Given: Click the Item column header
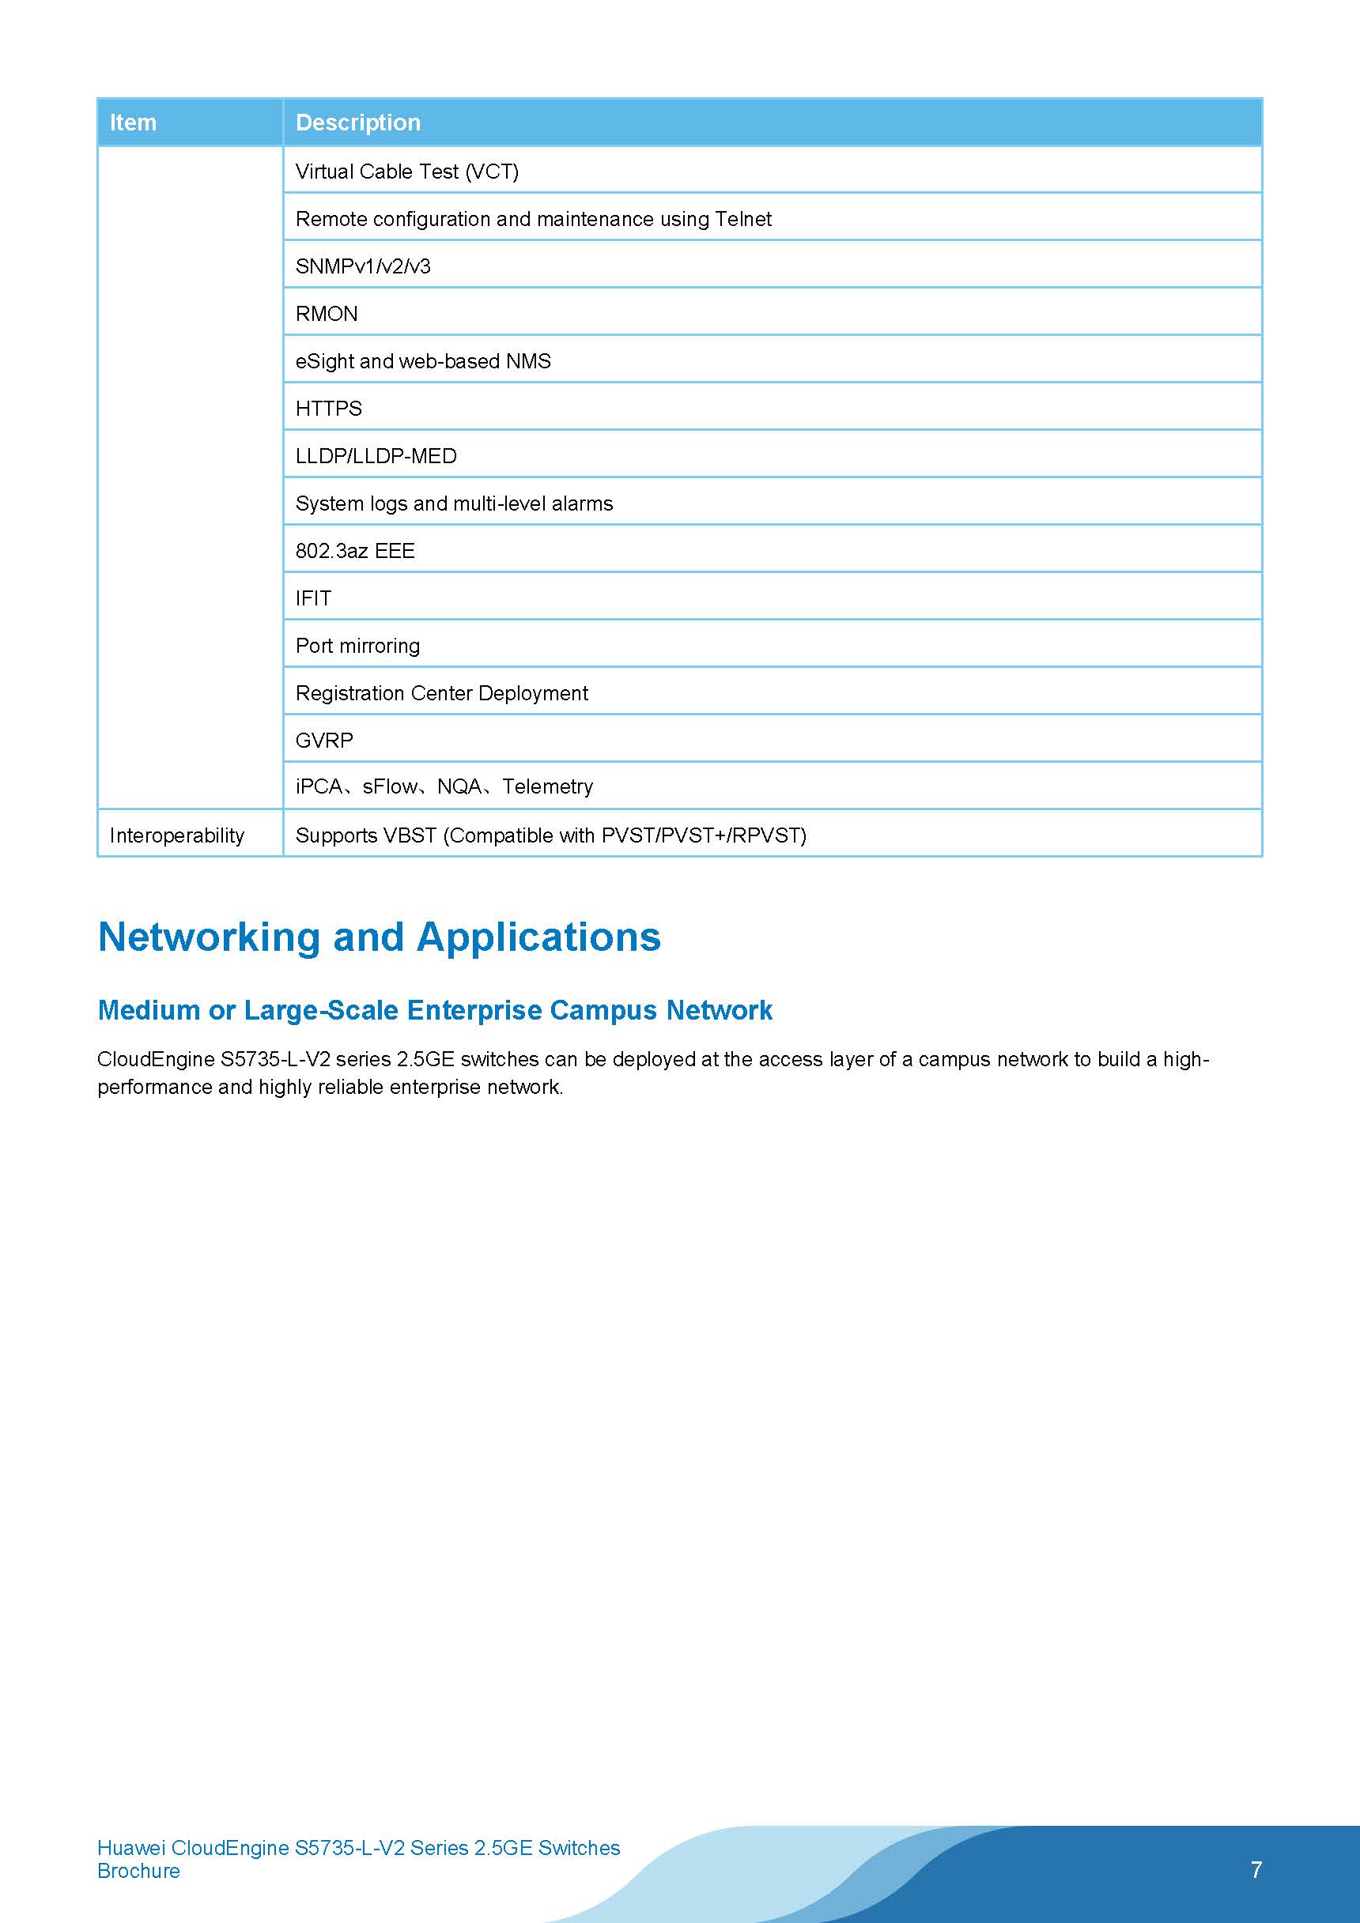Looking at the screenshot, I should pos(134,123).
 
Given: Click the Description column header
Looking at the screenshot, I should pos(358,123).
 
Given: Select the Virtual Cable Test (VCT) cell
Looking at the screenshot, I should pos(407,172).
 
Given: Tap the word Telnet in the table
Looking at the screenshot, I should pos(743,219).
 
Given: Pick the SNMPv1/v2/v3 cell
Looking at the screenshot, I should pos(363,266).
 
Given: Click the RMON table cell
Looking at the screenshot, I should pos(327,314).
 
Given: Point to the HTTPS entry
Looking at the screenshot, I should pos(328,409).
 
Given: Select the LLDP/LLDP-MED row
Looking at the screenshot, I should pos(376,457).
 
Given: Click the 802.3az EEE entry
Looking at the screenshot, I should pos(355,551).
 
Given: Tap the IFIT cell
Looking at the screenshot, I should pos(313,599).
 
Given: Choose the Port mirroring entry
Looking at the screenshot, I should pos(358,646).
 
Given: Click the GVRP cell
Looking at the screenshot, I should pos(324,741).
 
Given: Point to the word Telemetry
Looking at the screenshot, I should pos(548,786).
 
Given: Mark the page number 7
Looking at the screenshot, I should pos(1256,1869).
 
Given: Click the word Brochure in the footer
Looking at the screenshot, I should pos(138,1871).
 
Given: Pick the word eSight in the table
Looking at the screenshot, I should pos(324,361).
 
